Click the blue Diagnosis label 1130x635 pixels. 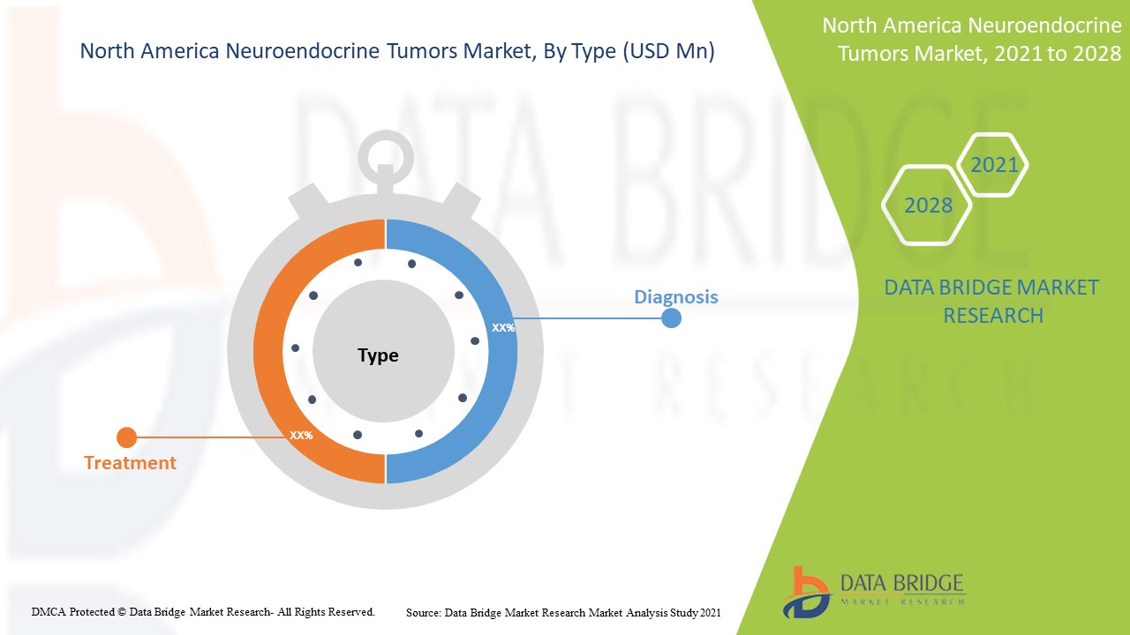click(676, 297)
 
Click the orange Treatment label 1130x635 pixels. click(130, 463)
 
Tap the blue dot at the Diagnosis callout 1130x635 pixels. click(671, 318)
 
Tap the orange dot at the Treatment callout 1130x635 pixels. click(126, 437)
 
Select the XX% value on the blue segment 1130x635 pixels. click(503, 328)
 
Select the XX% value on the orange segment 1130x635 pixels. click(301, 435)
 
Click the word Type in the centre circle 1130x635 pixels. click(379, 355)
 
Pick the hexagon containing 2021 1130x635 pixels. click(992, 164)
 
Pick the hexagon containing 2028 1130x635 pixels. click(927, 205)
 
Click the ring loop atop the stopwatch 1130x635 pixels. click(386, 158)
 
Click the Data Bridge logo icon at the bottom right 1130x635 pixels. click(807, 593)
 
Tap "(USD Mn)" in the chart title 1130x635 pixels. click(669, 51)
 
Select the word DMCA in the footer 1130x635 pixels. click(49, 612)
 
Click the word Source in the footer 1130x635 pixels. click(424, 613)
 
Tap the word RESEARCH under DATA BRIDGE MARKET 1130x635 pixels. click(993, 316)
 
